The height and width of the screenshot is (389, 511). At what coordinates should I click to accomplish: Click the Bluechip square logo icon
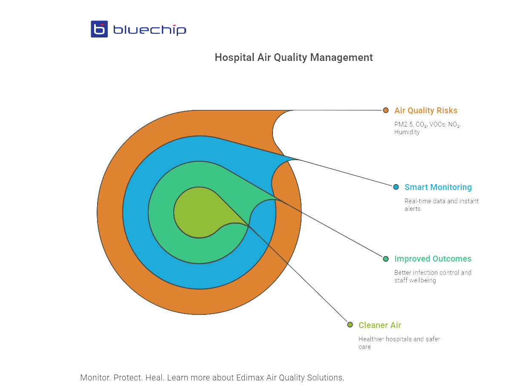[x=99, y=29]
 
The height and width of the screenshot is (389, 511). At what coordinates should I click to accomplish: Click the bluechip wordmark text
[x=149, y=29]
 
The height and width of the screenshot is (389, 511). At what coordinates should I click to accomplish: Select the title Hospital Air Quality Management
[x=293, y=57]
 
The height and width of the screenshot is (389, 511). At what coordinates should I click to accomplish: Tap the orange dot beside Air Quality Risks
[x=386, y=110]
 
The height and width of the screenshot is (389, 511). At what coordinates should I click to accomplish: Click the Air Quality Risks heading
[x=426, y=111]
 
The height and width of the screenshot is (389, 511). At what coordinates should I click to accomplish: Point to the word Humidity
[x=407, y=132]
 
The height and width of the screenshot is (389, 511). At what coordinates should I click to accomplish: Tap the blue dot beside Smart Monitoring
[x=396, y=187]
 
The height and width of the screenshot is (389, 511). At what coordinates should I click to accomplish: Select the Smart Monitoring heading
[x=438, y=187]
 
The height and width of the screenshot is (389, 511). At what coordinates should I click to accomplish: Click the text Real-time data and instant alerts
[x=441, y=205]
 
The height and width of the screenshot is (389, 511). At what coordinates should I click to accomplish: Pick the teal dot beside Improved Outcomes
[x=386, y=259]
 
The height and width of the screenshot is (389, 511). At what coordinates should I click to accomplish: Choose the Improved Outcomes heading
[x=433, y=259]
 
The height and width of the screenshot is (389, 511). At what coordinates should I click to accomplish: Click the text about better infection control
[x=432, y=276]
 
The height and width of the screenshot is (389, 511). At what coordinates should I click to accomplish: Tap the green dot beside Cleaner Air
[x=350, y=325]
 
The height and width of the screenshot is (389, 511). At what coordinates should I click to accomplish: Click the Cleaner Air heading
[x=379, y=325]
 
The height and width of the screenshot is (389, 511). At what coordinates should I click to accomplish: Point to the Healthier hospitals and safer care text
[x=399, y=343]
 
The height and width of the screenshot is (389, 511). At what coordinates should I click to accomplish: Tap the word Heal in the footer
[x=154, y=377]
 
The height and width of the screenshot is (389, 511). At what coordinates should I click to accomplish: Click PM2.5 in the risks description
[x=403, y=124]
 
